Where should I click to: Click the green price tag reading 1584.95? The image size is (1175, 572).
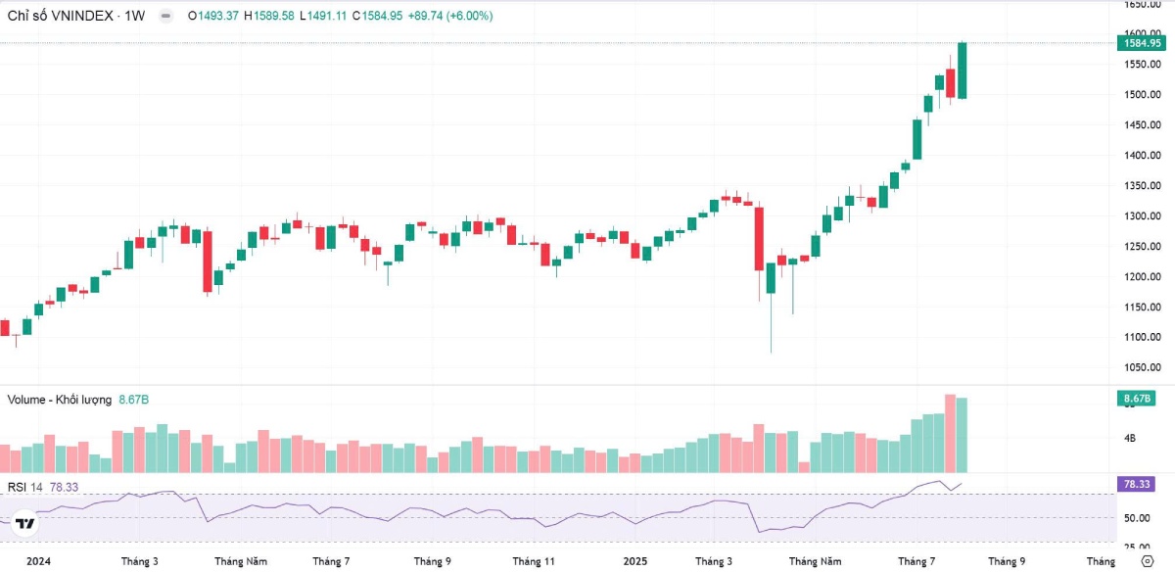1142,43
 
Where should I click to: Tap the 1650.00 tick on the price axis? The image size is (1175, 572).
1143,5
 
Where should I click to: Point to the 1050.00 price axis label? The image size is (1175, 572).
1143,368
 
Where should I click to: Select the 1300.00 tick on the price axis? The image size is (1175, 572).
1143,216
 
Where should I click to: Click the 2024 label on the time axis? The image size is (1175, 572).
38,561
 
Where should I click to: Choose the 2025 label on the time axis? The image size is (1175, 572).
635,561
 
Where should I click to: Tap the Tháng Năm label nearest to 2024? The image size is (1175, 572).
241,561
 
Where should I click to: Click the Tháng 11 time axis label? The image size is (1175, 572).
534,561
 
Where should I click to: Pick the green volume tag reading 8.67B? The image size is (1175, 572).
1140,399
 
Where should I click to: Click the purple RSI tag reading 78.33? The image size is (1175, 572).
1140,484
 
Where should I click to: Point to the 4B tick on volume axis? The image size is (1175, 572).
1130,438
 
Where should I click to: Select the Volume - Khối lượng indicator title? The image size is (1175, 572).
61,400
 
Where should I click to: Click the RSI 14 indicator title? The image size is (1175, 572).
24,487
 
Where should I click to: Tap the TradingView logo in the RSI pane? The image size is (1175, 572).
25,523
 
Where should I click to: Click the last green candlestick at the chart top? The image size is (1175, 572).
963,71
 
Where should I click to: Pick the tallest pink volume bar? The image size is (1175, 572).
950,433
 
